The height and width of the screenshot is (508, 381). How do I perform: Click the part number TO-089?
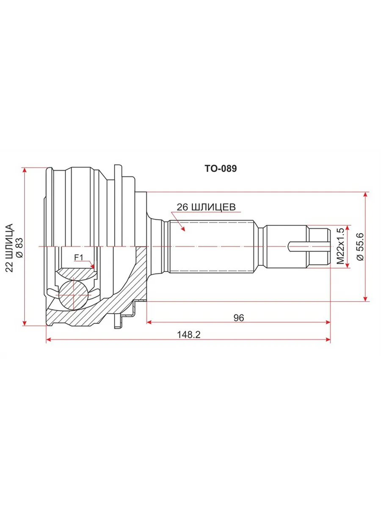[x=221, y=168]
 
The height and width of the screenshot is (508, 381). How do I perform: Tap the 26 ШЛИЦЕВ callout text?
[x=206, y=207]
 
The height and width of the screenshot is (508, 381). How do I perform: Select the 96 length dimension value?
[x=239, y=318]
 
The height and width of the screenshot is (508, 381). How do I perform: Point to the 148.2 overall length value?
[x=188, y=335]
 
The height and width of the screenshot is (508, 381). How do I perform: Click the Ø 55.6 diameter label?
[x=360, y=246]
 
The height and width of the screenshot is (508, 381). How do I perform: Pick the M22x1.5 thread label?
[x=340, y=246]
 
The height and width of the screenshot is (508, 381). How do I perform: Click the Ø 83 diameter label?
[x=19, y=248]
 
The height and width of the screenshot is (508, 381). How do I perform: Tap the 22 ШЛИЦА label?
[x=9, y=248]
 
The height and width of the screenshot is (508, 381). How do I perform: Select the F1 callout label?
[x=78, y=257]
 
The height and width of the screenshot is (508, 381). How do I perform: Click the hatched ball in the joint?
[x=73, y=295]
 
